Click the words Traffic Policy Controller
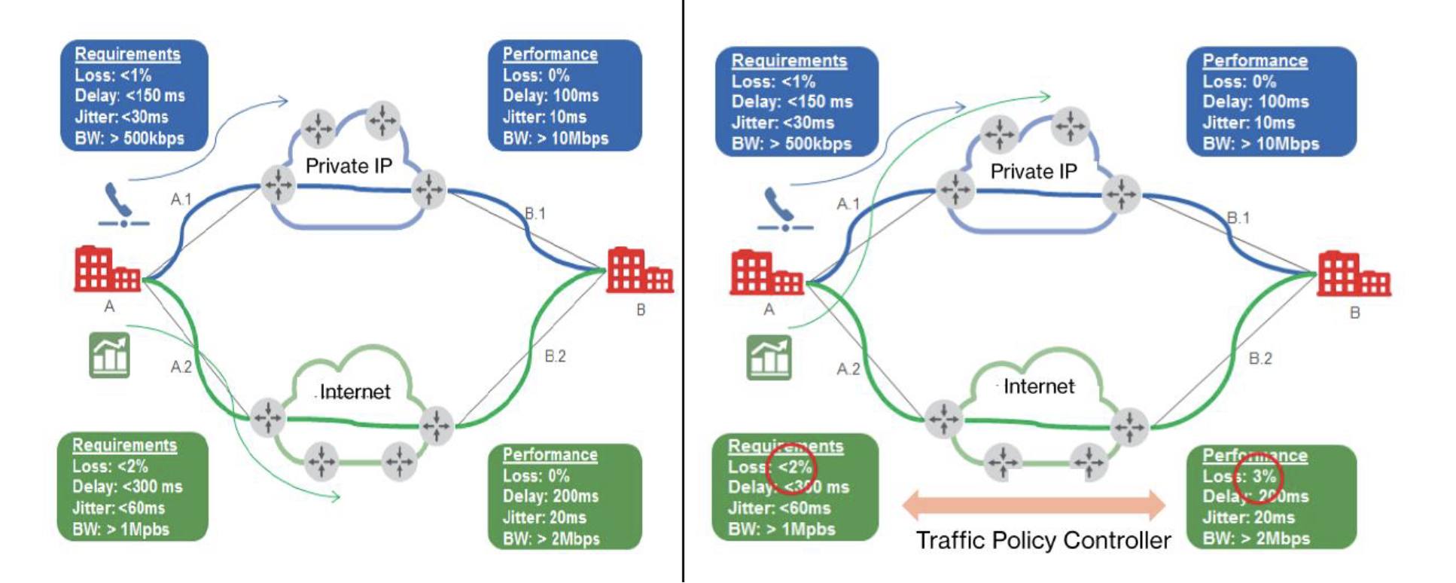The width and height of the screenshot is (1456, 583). (1043, 540)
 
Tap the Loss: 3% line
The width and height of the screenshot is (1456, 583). (1239, 476)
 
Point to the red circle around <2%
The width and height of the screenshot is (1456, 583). (790, 469)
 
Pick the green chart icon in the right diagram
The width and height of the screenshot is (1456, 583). (769, 357)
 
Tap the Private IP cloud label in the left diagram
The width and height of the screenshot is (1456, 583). (349, 166)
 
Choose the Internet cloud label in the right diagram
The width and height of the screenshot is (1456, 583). (1039, 386)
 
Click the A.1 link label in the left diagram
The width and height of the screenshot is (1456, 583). (181, 200)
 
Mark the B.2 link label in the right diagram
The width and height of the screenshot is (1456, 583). (1260, 359)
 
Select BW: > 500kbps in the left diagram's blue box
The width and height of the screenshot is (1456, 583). (129, 139)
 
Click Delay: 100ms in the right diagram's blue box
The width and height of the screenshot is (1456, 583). (1256, 102)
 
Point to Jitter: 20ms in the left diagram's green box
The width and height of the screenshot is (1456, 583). (544, 517)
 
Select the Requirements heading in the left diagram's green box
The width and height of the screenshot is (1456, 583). (124, 445)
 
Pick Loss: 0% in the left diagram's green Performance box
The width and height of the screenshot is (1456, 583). (536, 476)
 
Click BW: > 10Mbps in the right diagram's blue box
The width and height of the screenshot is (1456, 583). (1261, 144)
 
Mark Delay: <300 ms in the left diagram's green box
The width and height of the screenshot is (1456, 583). (127, 487)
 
